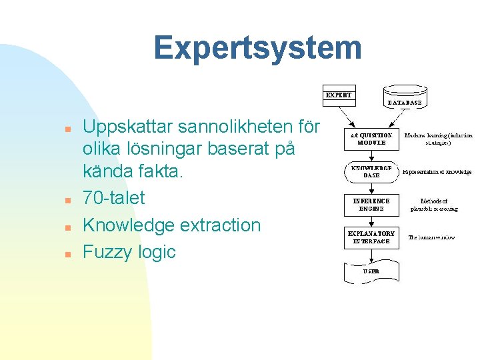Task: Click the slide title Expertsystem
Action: pyautogui.click(x=257, y=48)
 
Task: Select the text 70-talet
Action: pyautogui.click(x=113, y=198)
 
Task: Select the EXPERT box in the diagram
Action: pyautogui.click(x=339, y=95)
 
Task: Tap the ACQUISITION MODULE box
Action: pyautogui.click(x=371, y=139)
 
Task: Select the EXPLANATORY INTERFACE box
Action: pyautogui.click(x=371, y=237)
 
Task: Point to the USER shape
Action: pyautogui.click(x=371, y=271)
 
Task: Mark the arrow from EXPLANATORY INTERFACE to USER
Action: pyautogui.click(x=371, y=255)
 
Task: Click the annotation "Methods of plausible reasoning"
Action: pyautogui.click(x=434, y=205)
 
